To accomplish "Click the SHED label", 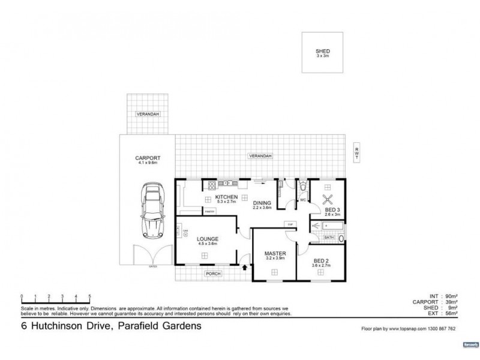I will click(323, 52).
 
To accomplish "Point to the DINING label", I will click(263, 203).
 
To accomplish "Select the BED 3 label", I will click(332, 209).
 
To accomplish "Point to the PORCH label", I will click(214, 274).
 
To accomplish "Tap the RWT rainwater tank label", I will click(356, 154).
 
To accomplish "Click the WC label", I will click(302, 199).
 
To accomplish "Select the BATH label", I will click(329, 238).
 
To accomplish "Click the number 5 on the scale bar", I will click(90, 296).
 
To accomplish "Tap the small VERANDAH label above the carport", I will click(146, 113).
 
